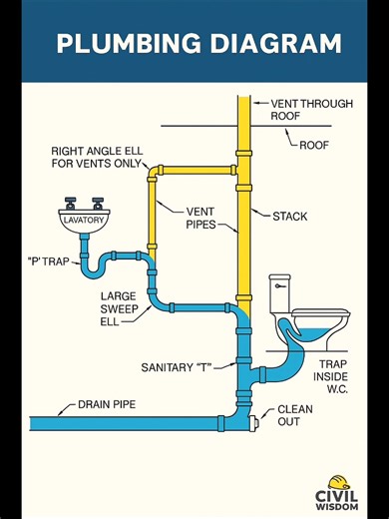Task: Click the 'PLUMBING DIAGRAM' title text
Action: [197, 44]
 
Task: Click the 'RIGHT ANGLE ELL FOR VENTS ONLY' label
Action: [97, 158]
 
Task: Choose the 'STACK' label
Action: [289, 215]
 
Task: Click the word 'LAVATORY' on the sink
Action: [83, 218]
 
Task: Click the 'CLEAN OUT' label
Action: [294, 417]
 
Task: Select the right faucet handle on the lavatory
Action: [98, 200]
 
